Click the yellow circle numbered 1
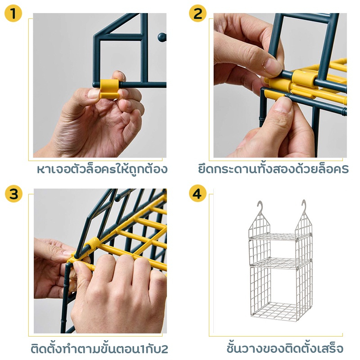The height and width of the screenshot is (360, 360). pos(13,13)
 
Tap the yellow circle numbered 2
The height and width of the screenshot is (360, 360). pos(198,13)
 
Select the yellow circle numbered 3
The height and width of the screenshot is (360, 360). pos(14,194)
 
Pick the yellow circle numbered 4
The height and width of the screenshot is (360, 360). pos(198,194)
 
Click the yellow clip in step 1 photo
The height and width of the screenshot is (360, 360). pos(110,89)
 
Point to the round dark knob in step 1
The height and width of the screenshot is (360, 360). pos(162,37)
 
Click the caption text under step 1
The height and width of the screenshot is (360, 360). pos(102,170)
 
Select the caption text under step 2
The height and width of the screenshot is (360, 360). pos(273,169)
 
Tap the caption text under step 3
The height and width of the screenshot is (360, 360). pos(99,348)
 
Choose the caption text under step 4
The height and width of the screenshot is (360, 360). pos(285,348)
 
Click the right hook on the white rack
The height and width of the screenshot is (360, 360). pos(304,206)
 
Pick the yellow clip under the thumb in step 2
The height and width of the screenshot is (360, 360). pos(274,94)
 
